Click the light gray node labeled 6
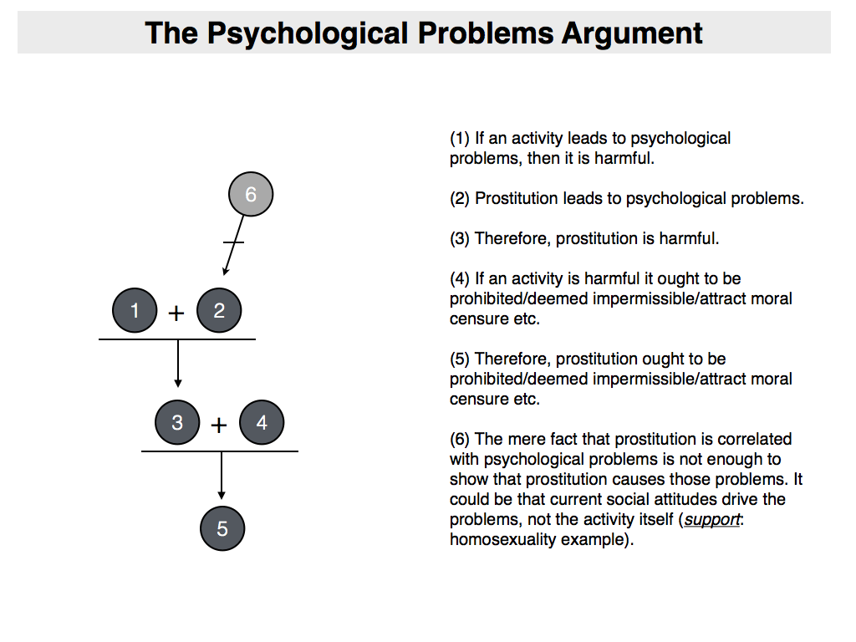click(x=250, y=195)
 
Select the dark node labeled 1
click(x=135, y=311)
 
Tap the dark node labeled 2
click(x=219, y=311)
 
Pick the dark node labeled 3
click(x=177, y=423)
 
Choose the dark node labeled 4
click(x=262, y=423)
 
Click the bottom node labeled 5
click(x=222, y=528)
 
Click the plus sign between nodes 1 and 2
click(x=176, y=313)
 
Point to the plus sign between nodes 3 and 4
click(x=219, y=425)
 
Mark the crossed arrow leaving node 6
click(x=234, y=242)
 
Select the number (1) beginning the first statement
click(x=460, y=138)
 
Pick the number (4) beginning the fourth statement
click(x=460, y=278)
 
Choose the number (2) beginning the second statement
click(x=460, y=198)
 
